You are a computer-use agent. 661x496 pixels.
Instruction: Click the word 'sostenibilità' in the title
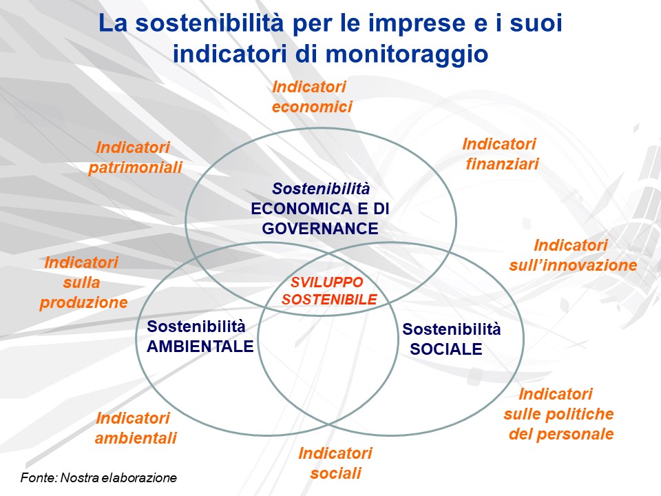pyautogui.click(x=209, y=23)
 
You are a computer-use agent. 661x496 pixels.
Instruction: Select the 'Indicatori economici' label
pyautogui.click(x=311, y=96)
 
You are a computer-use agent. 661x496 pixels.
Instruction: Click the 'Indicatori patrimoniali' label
pyautogui.click(x=135, y=157)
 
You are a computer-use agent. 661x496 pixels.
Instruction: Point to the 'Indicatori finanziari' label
pyautogui.click(x=501, y=154)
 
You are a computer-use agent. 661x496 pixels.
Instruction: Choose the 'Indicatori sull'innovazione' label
pyautogui.click(x=573, y=255)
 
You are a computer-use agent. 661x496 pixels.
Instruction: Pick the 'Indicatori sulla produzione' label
pyautogui.click(x=83, y=282)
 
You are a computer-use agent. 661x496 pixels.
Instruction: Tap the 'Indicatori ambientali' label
pyautogui.click(x=135, y=428)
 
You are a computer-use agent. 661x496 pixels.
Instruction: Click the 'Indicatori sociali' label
pyautogui.click(x=335, y=463)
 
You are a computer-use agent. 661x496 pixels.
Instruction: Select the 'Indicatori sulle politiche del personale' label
pyautogui.click(x=558, y=414)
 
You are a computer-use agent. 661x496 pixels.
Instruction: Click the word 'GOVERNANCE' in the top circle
pyautogui.click(x=320, y=229)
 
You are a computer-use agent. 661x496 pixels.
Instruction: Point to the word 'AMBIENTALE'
pyautogui.click(x=200, y=347)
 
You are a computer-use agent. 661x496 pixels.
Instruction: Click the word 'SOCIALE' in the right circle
pyautogui.click(x=446, y=349)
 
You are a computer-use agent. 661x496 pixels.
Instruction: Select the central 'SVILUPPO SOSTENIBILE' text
pyautogui.click(x=329, y=291)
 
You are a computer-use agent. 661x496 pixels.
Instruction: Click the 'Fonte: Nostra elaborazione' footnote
pyautogui.click(x=98, y=478)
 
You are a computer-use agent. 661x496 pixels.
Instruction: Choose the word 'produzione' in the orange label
pyautogui.click(x=83, y=302)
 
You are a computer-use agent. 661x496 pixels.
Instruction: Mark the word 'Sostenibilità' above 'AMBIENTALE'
pyautogui.click(x=196, y=327)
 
